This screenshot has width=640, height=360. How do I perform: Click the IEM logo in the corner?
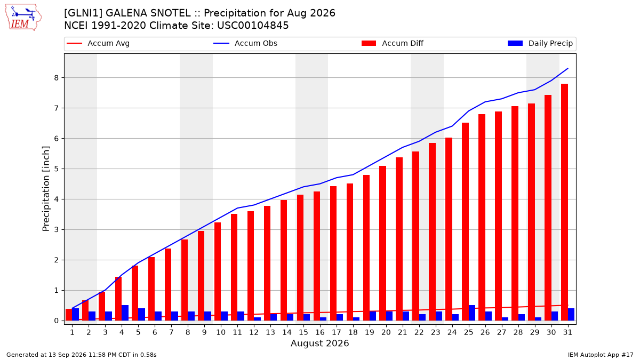pyautogui.click(x=23, y=18)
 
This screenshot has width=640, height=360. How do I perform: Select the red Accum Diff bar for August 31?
pyautogui.click(x=564, y=202)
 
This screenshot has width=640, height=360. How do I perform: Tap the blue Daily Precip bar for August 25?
pyautogui.click(x=471, y=313)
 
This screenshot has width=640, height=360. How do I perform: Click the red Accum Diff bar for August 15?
pyautogui.click(x=300, y=258)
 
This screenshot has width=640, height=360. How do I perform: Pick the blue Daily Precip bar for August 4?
pyautogui.click(x=125, y=313)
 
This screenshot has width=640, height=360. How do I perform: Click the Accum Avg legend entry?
pyautogui.click(x=98, y=43)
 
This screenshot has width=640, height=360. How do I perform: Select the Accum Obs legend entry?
pyautogui.click(x=245, y=43)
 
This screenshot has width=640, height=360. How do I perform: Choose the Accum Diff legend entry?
pyautogui.click(x=393, y=43)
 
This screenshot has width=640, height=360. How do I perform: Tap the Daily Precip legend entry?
pyautogui.click(x=540, y=43)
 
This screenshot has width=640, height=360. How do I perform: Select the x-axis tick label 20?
pyautogui.click(x=386, y=332)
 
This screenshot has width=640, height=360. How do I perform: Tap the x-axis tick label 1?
pyautogui.click(x=73, y=332)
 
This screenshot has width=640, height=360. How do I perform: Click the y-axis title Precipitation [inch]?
pyautogui.click(x=46, y=189)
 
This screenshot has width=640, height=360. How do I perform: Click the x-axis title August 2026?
pyautogui.click(x=319, y=343)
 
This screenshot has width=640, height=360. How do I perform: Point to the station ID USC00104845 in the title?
pyautogui.click(x=253, y=26)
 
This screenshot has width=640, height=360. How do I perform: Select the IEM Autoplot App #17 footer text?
pyautogui.click(x=601, y=355)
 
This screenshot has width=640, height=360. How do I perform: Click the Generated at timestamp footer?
pyautogui.click(x=82, y=355)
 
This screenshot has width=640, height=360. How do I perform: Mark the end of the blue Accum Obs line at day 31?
pyautogui.click(x=567, y=69)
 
